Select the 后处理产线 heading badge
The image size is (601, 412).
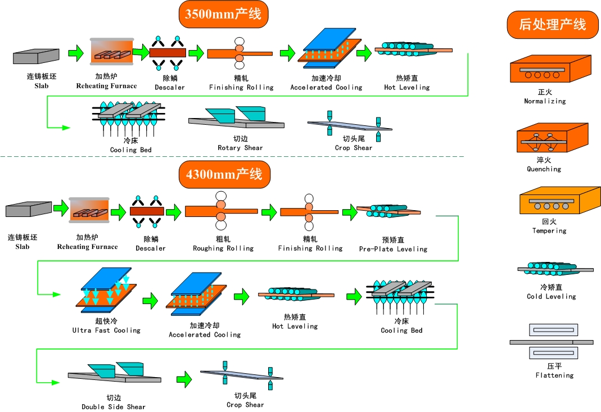(553, 25)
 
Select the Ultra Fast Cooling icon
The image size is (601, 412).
(106, 293)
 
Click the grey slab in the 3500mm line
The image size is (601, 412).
(36, 56)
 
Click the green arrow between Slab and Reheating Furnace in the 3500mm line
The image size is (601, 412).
(75, 54)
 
